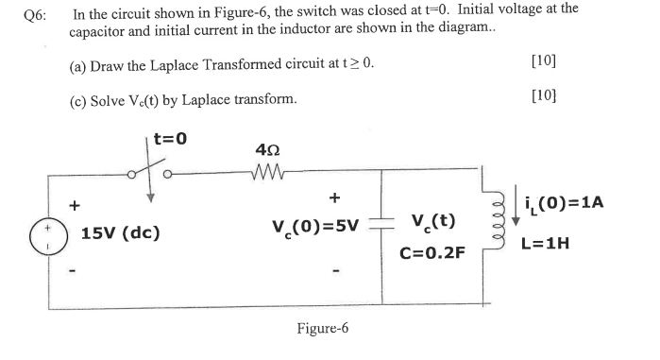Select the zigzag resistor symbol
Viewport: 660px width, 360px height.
(x=265, y=173)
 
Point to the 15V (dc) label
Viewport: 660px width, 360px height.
(x=120, y=231)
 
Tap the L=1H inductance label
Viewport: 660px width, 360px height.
(x=569, y=243)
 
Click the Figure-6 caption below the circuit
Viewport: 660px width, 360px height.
(x=322, y=328)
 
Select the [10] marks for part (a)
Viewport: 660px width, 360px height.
(x=544, y=62)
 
